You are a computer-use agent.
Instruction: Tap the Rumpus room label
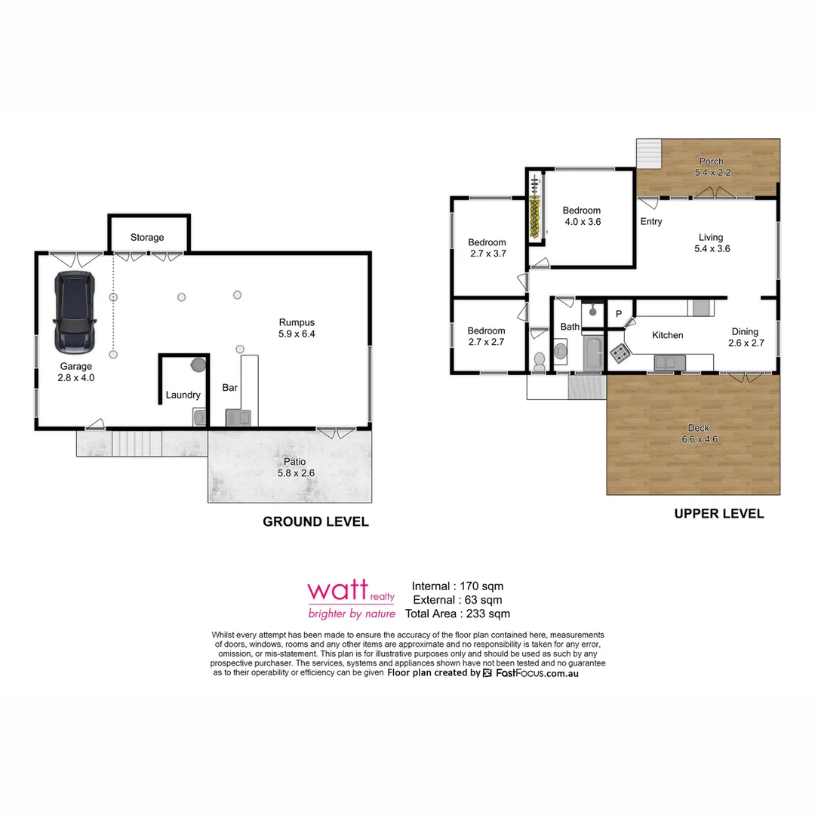click(297, 322)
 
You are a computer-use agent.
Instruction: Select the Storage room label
click(147, 237)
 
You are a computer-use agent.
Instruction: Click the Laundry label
click(183, 395)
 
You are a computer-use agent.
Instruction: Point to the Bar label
click(230, 388)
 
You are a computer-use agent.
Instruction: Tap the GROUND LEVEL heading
click(315, 521)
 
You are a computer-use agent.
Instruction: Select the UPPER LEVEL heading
click(718, 514)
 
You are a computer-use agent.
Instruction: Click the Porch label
click(711, 161)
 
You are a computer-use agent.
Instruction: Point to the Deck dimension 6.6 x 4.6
click(698, 439)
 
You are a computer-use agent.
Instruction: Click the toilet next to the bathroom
click(539, 361)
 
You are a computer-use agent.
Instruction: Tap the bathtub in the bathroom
click(594, 353)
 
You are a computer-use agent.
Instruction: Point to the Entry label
click(651, 222)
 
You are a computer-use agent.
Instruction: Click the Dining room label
click(745, 331)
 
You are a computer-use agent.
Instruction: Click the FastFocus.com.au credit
click(537, 672)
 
